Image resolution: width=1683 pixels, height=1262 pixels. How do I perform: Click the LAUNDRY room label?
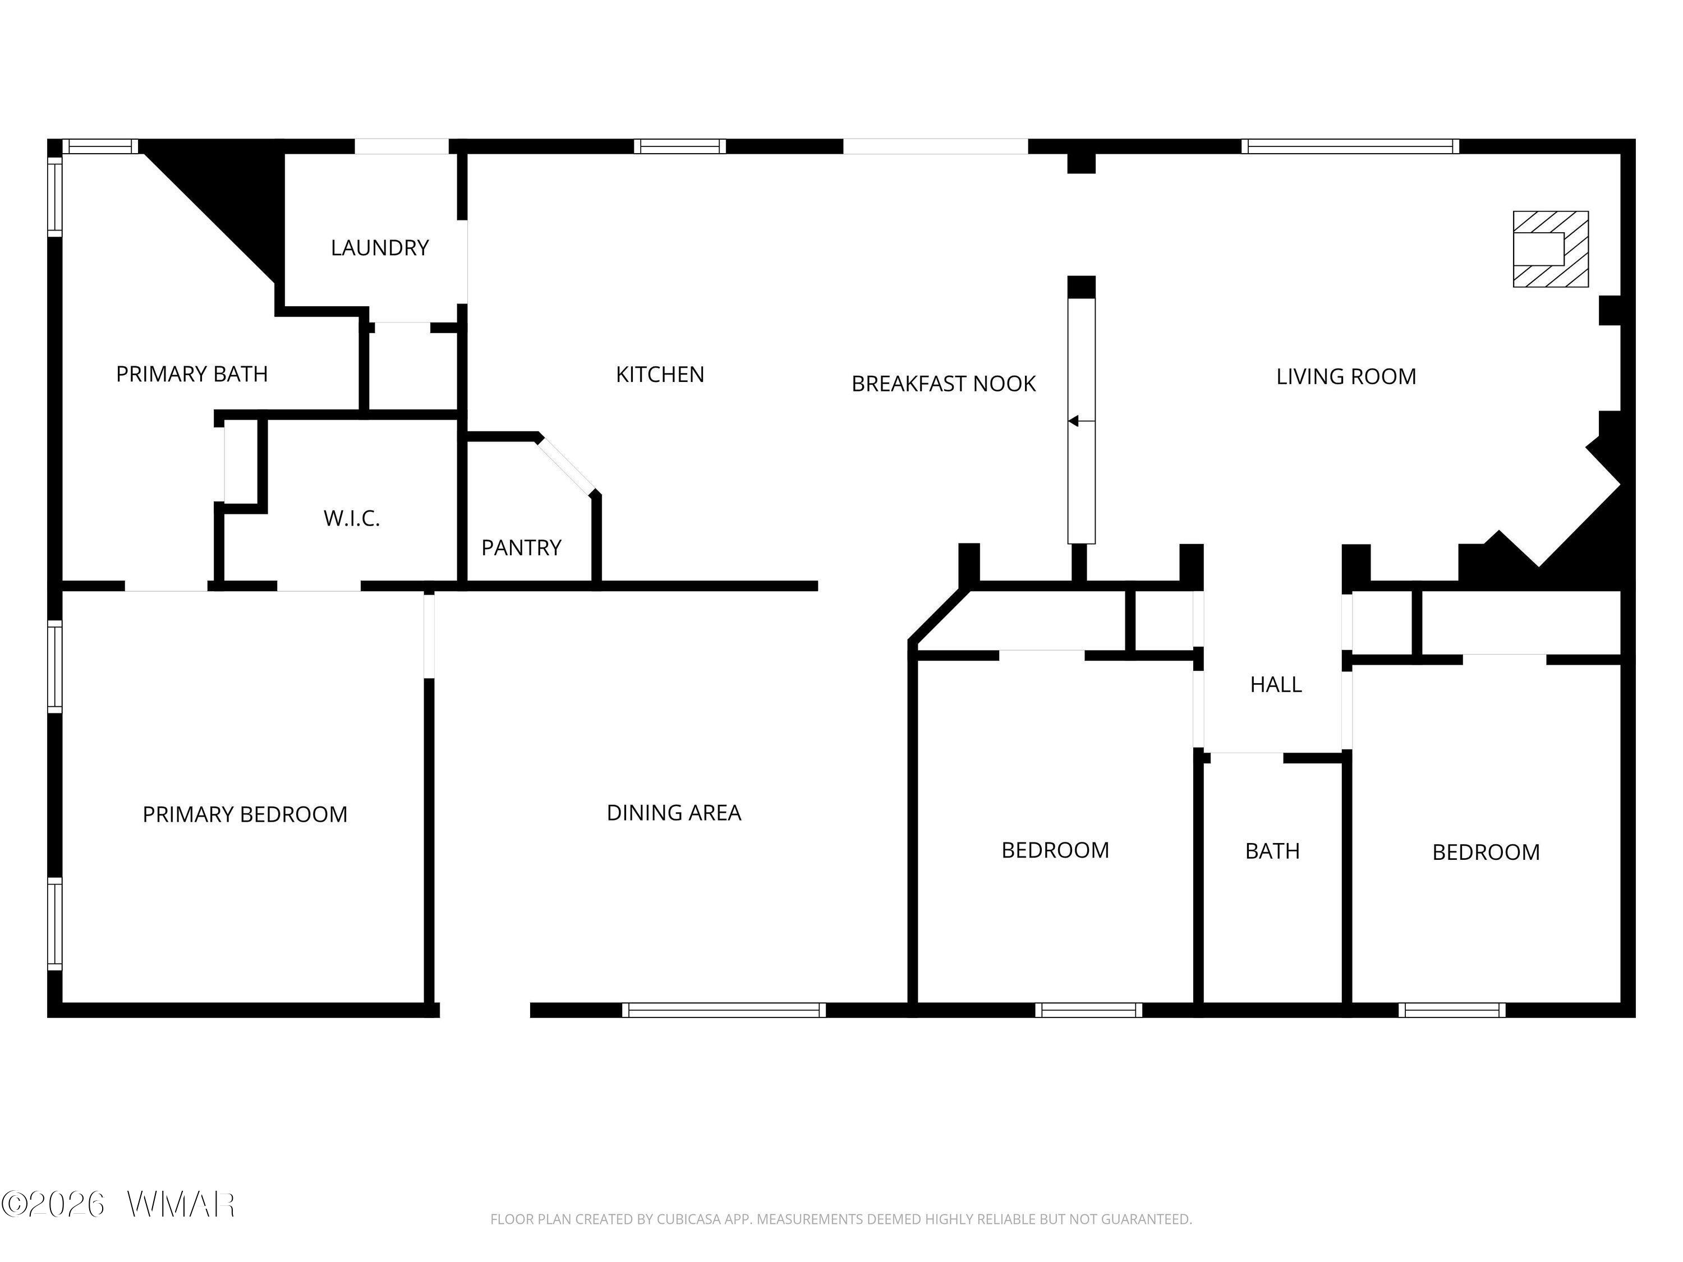380,248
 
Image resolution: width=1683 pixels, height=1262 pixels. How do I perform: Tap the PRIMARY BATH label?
192,374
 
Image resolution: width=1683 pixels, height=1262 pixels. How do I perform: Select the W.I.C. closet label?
352,519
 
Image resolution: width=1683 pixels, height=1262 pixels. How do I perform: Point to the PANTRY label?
521,547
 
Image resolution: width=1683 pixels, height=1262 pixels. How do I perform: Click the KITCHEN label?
660,374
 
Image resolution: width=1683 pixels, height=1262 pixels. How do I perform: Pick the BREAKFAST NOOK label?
944,384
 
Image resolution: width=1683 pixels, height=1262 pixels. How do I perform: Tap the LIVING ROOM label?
1346,376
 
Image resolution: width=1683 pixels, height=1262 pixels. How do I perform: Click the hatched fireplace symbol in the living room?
1551,248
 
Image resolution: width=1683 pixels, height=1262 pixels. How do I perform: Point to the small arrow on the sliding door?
1081,421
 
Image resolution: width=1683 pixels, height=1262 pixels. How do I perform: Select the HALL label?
1276,685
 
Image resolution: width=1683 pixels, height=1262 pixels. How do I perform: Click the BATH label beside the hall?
1272,851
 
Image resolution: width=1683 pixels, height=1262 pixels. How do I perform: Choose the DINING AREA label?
673,813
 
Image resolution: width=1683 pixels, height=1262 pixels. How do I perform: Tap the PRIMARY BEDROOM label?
245,815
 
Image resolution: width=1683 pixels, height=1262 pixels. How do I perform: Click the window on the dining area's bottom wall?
724,1010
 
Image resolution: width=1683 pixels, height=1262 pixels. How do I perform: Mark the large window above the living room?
1350,146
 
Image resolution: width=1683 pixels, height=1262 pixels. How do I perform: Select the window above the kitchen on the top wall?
680,146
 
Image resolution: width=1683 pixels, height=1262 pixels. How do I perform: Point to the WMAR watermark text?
181,1204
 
